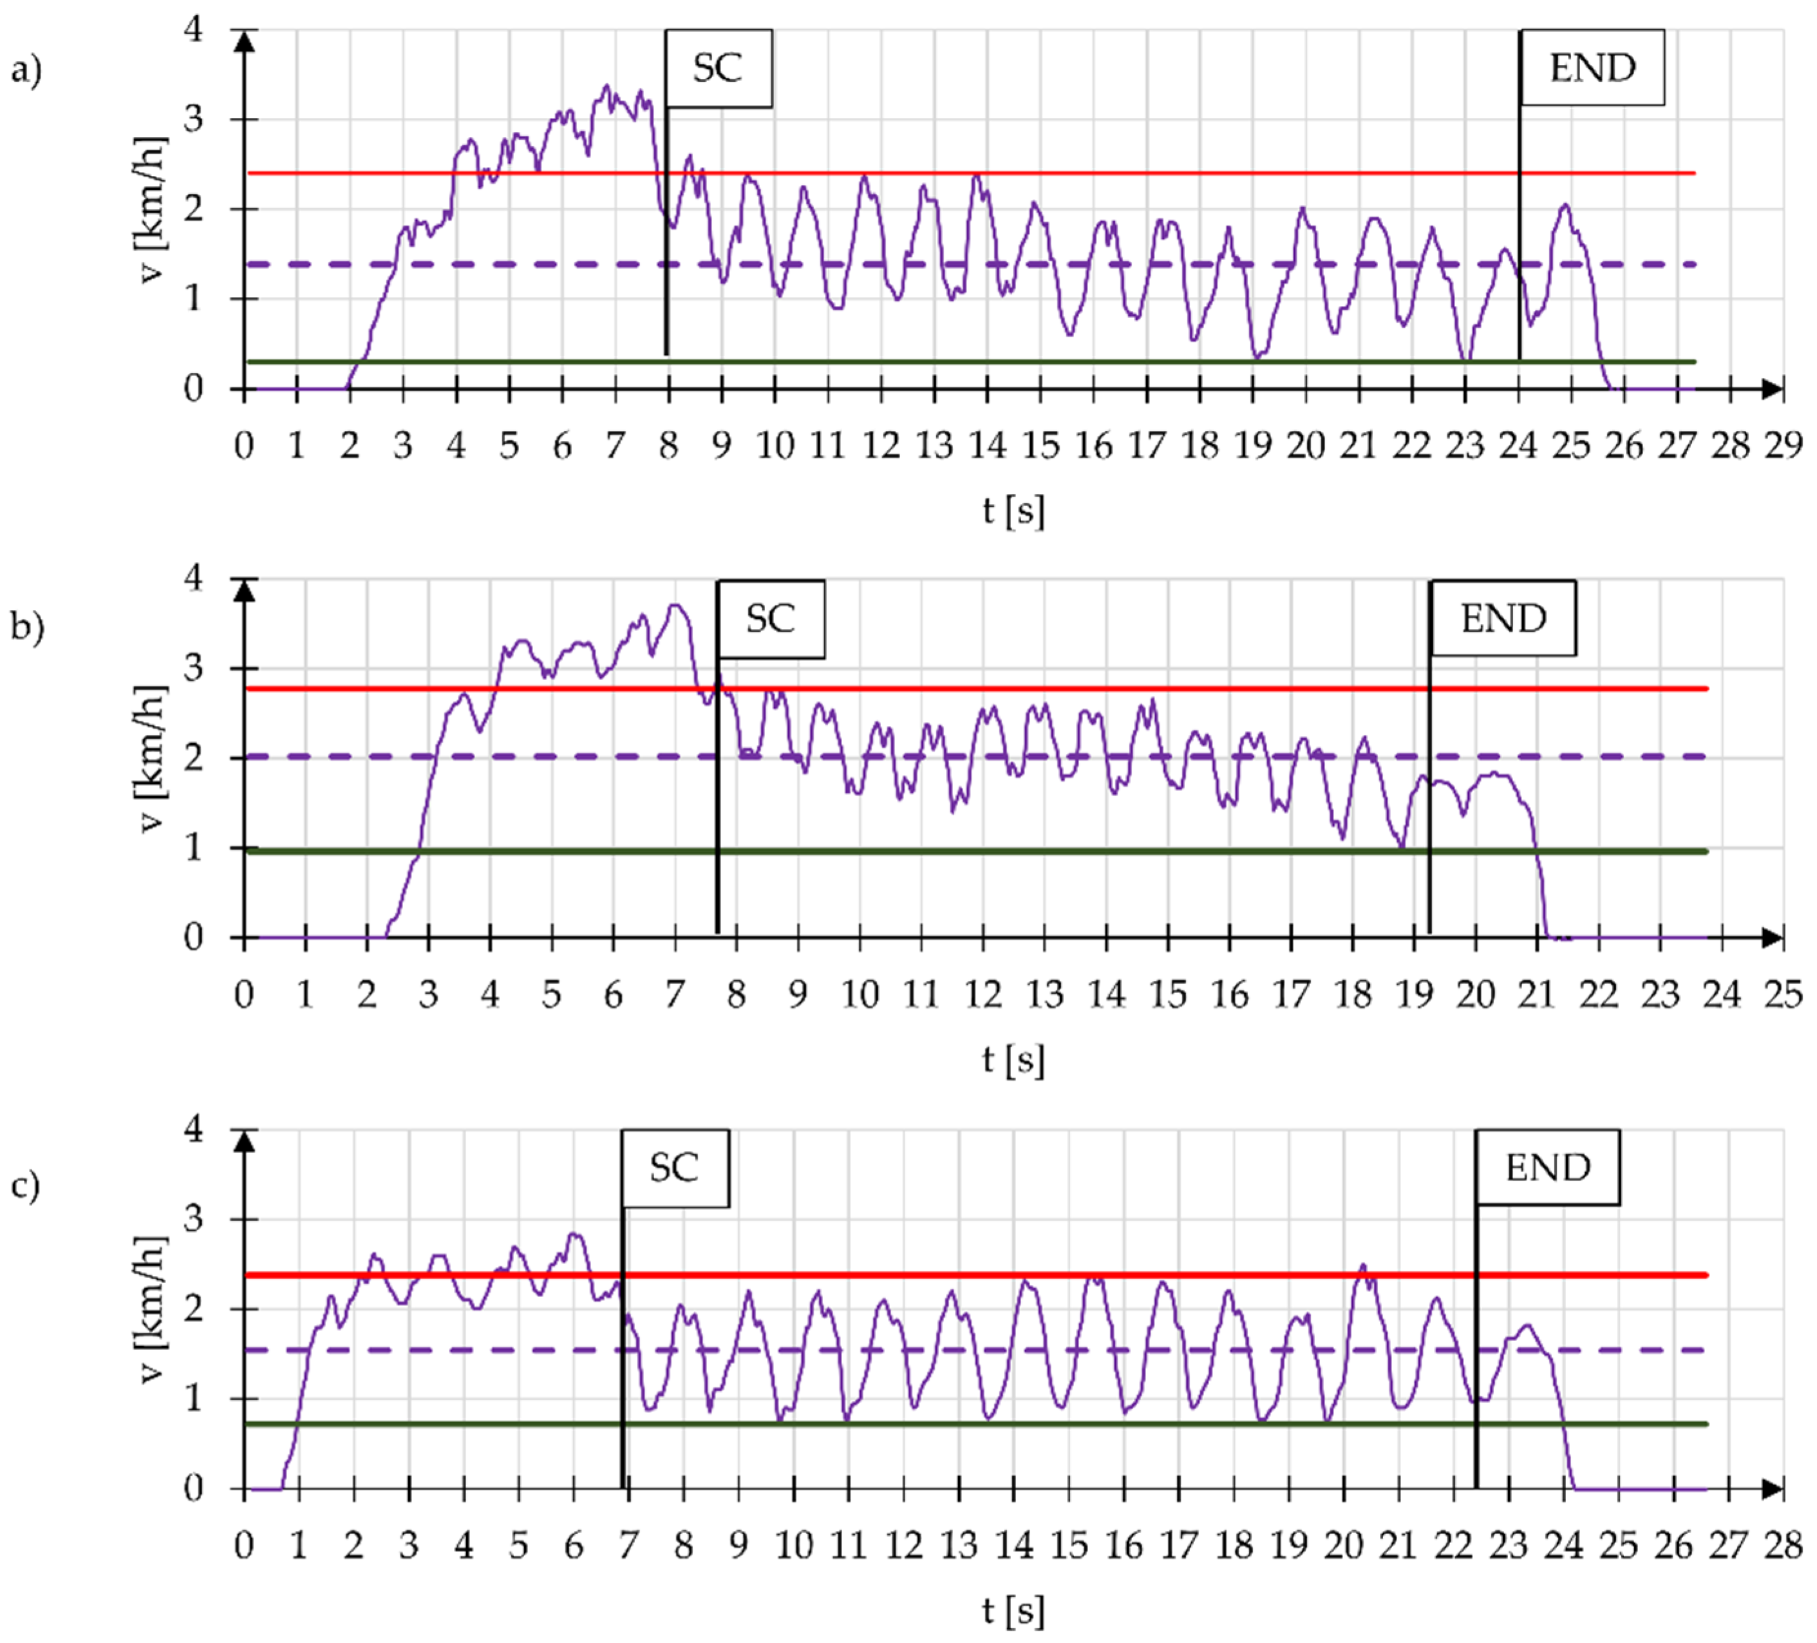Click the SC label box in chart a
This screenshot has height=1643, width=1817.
(719, 68)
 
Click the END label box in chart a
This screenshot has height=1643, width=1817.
(1592, 68)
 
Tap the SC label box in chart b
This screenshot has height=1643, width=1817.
(771, 618)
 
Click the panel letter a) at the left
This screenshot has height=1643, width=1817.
(26, 70)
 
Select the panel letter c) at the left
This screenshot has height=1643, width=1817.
(26, 1184)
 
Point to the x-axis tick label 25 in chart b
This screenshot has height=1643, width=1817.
(1783, 994)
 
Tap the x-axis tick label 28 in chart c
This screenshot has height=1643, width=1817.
(1783, 1546)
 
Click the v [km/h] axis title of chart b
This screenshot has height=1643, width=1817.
(151, 757)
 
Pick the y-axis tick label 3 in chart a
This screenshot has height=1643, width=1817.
(194, 119)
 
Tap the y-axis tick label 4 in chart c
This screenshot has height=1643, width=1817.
(194, 1129)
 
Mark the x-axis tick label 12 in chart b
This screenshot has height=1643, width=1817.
(983, 994)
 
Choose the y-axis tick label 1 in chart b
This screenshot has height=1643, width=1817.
(194, 848)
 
